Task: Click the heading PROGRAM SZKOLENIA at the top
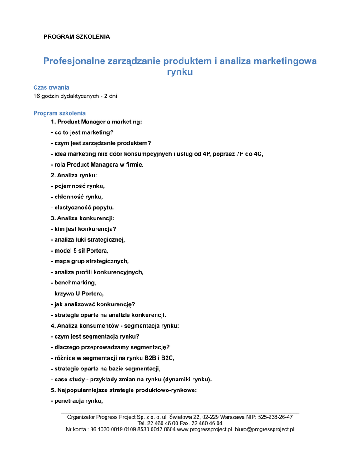(76, 36)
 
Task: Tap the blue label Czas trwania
(51, 87)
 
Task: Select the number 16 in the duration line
(37, 96)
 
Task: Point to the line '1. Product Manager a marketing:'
(96, 122)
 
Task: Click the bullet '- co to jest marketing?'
(82, 132)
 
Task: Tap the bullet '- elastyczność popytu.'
(82, 208)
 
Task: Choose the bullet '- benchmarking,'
(73, 283)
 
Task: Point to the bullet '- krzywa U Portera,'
(77, 294)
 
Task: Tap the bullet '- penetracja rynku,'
(77, 401)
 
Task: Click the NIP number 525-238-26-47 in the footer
(275, 417)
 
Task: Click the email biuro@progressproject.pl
(264, 429)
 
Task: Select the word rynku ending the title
(180, 72)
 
